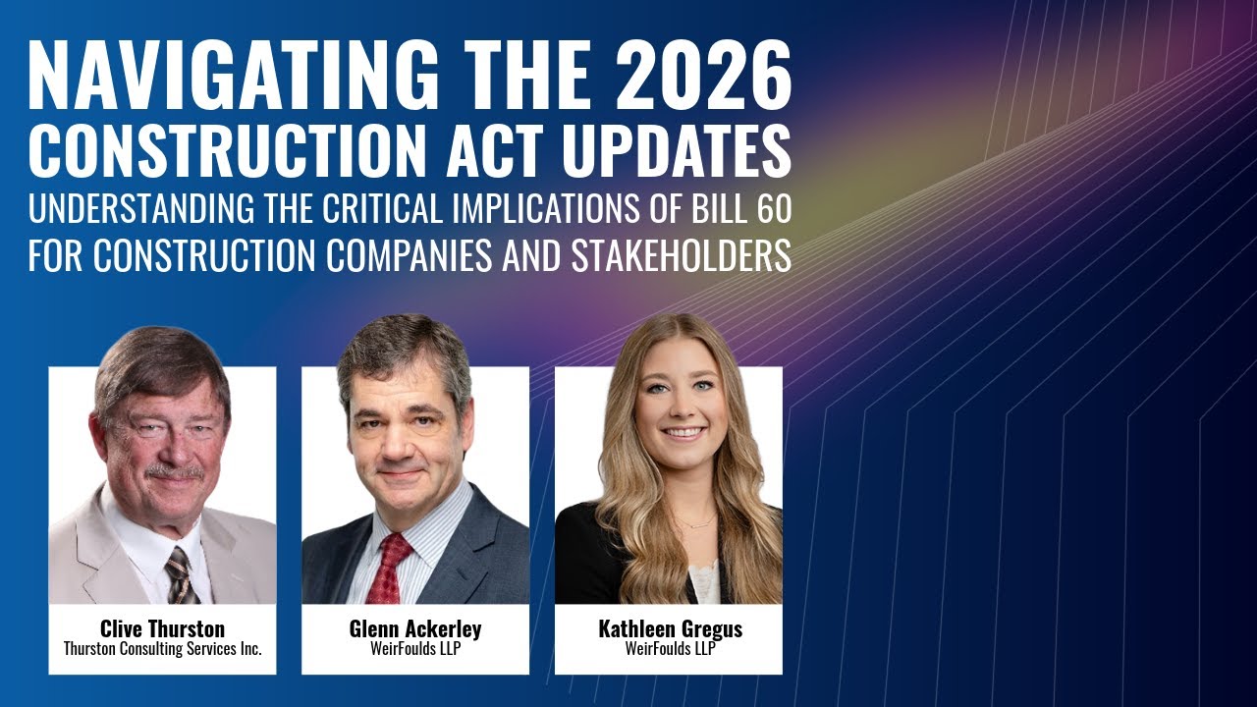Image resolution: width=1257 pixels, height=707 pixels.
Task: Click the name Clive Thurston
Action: pos(162,628)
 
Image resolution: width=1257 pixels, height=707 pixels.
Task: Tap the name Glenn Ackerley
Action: pos(414,628)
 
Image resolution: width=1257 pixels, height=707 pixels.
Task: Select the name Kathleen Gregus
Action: pos(670,628)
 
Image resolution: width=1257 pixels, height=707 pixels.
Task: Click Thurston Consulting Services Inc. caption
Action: pos(162,649)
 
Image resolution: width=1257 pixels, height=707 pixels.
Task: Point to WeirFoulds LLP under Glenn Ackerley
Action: pos(414,649)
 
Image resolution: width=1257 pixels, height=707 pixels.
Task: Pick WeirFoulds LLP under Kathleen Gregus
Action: pos(669,649)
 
